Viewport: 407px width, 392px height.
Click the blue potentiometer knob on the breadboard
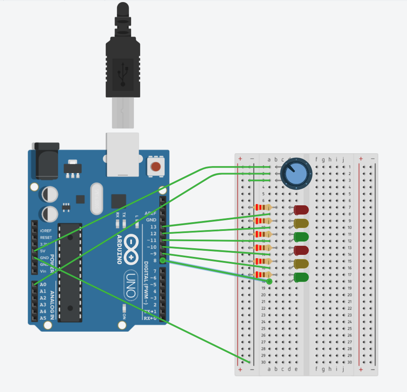click(x=296, y=173)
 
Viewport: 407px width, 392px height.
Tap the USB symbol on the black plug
click(x=123, y=74)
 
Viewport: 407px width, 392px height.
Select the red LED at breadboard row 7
click(x=301, y=210)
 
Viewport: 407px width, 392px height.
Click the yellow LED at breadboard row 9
click(x=301, y=223)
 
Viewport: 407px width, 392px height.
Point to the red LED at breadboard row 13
click(x=301, y=250)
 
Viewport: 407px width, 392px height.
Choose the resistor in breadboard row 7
click(x=263, y=207)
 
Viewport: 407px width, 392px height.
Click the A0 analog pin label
click(x=43, y=285)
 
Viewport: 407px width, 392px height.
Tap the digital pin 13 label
click(x=153, y=227)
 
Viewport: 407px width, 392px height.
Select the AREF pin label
click(x=151, y=213)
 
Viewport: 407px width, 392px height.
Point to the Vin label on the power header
click(x=43, y=271)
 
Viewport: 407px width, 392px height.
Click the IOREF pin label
click(x=46, y=231)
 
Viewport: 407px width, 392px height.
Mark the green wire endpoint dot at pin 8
click(x=163, y=260)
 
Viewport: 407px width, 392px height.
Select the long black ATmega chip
click(x=70, y=273)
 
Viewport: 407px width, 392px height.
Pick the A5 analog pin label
click(x=43, y=318)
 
